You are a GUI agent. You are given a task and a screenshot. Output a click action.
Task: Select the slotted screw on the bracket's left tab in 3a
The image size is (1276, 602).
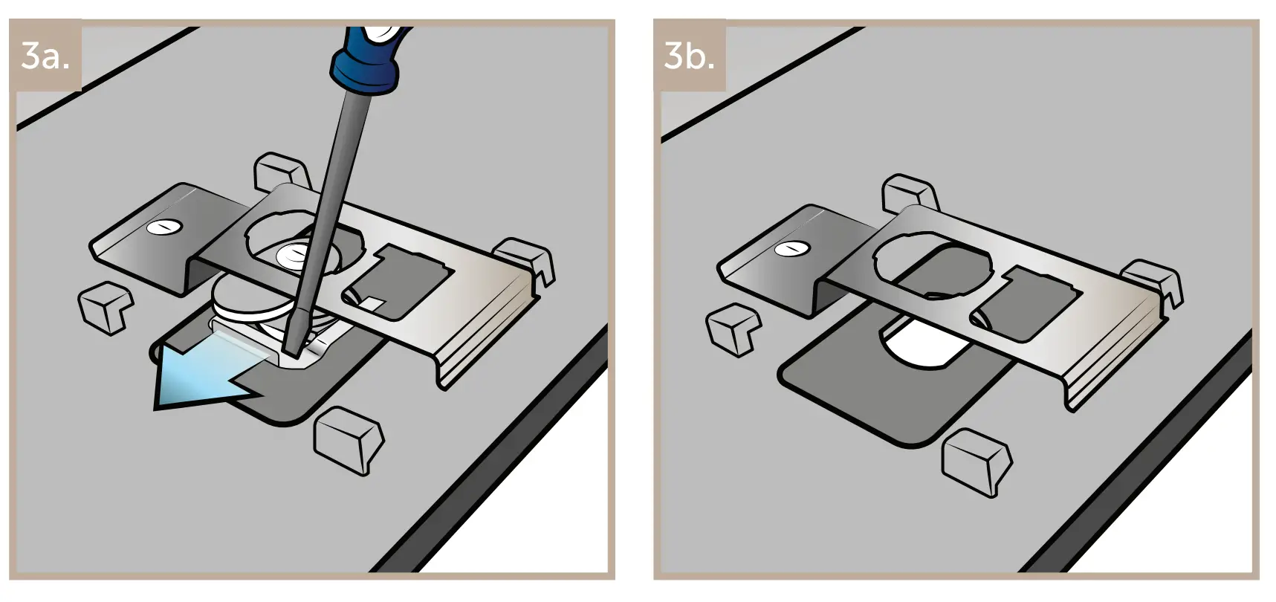(163, 227)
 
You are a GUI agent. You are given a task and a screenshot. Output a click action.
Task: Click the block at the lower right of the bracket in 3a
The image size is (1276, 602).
(349, 439)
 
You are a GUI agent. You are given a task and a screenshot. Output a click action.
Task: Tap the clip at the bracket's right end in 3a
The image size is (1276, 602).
(529, 259)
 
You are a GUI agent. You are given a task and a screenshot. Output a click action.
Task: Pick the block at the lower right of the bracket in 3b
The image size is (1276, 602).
(976, 461)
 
